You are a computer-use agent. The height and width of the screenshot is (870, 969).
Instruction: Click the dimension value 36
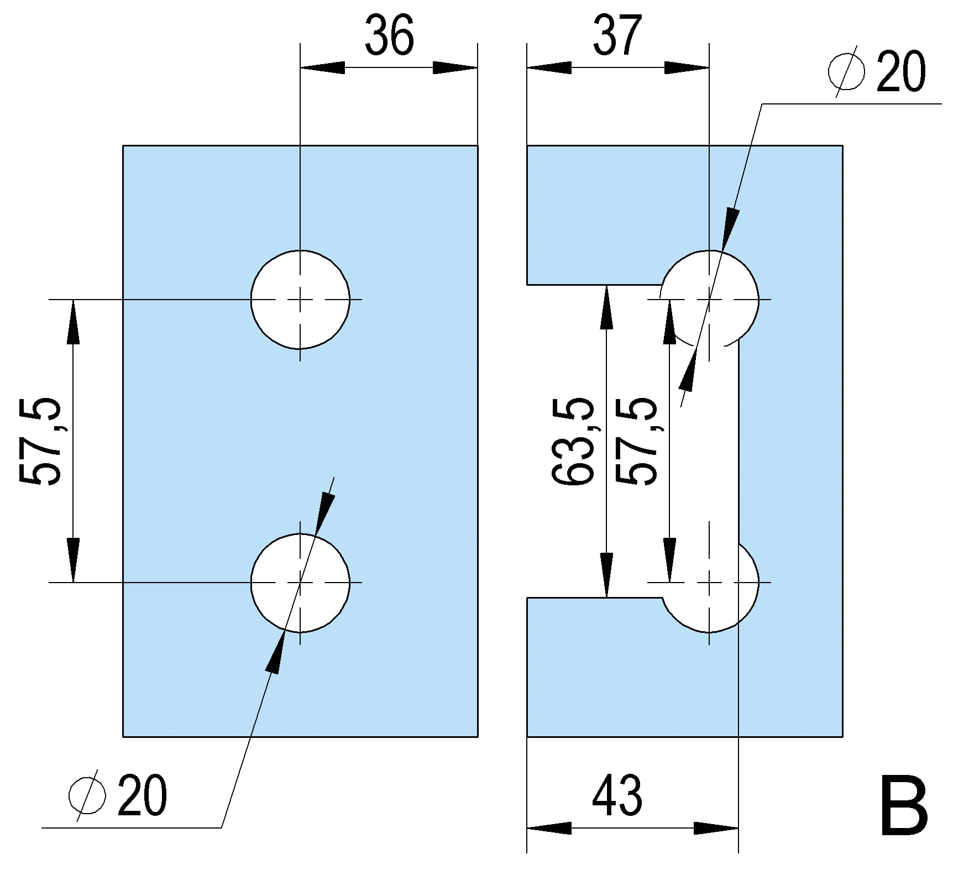click(389, 36)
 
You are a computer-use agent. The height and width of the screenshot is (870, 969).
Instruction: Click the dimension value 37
click(617, 36)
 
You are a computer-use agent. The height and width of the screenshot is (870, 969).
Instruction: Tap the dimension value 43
click(617, 796)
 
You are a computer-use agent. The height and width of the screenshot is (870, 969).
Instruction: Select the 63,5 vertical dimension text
click(574, 441)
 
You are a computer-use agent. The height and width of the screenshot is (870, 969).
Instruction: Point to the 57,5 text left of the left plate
click(40, 441)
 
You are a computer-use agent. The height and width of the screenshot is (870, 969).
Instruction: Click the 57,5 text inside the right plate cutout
click(637, 441)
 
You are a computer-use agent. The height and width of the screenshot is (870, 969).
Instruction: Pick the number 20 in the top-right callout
click(901, 72)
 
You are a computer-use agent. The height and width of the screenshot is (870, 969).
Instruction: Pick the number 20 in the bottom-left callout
click(142, 796)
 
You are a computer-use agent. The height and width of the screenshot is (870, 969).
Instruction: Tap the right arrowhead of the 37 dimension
click(687, 68)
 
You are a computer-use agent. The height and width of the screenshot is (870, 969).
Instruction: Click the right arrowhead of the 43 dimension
click(716, 828)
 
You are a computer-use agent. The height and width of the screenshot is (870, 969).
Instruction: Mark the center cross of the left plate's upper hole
click(300, 300)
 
